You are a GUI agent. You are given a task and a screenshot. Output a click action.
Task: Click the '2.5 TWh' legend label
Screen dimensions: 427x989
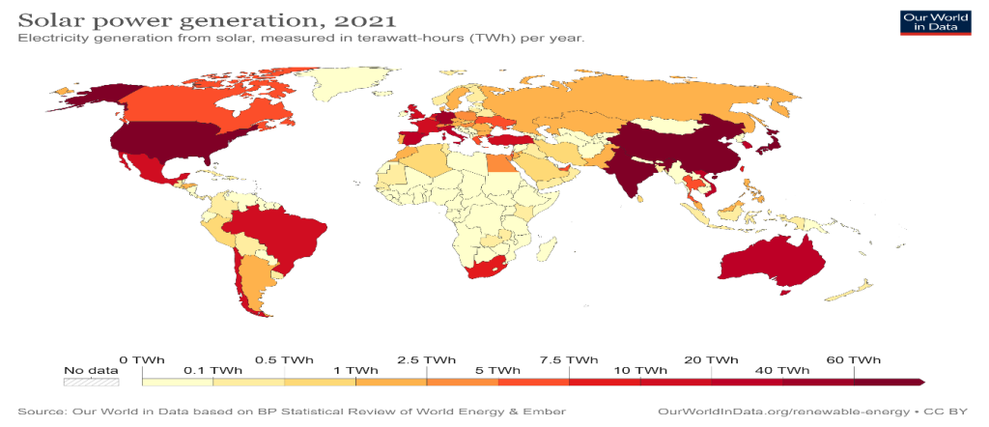426,359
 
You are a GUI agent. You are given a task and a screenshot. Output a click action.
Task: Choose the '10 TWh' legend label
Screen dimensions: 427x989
639,370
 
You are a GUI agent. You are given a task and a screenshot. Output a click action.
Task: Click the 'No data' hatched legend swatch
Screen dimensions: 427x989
90,382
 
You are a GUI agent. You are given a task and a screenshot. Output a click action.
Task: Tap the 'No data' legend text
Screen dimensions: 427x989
90,370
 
